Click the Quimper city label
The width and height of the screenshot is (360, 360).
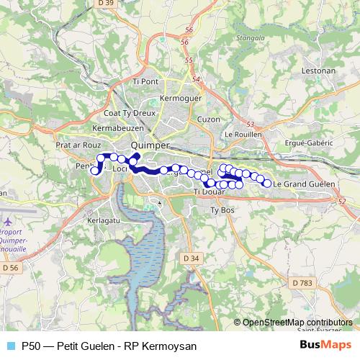[151, 144]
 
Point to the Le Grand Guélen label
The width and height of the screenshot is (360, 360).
[304, 184]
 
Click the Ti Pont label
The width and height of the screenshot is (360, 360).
[145, 81]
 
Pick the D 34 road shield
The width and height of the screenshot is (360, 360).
[191, 258]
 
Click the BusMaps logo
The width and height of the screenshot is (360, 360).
[320, 346]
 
